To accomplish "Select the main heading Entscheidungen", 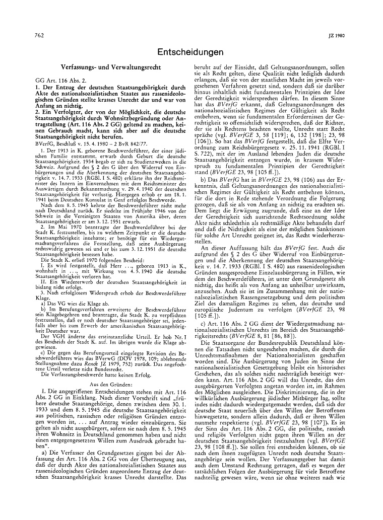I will tap(190, 52).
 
